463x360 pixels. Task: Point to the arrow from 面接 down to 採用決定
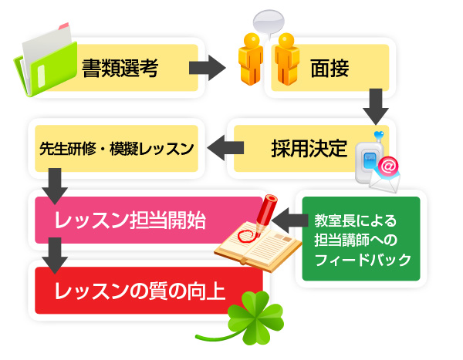(x=375, y=106)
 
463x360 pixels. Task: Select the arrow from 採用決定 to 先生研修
(x=223, y=147)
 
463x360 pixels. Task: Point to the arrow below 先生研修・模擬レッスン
(x=53, y=184)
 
